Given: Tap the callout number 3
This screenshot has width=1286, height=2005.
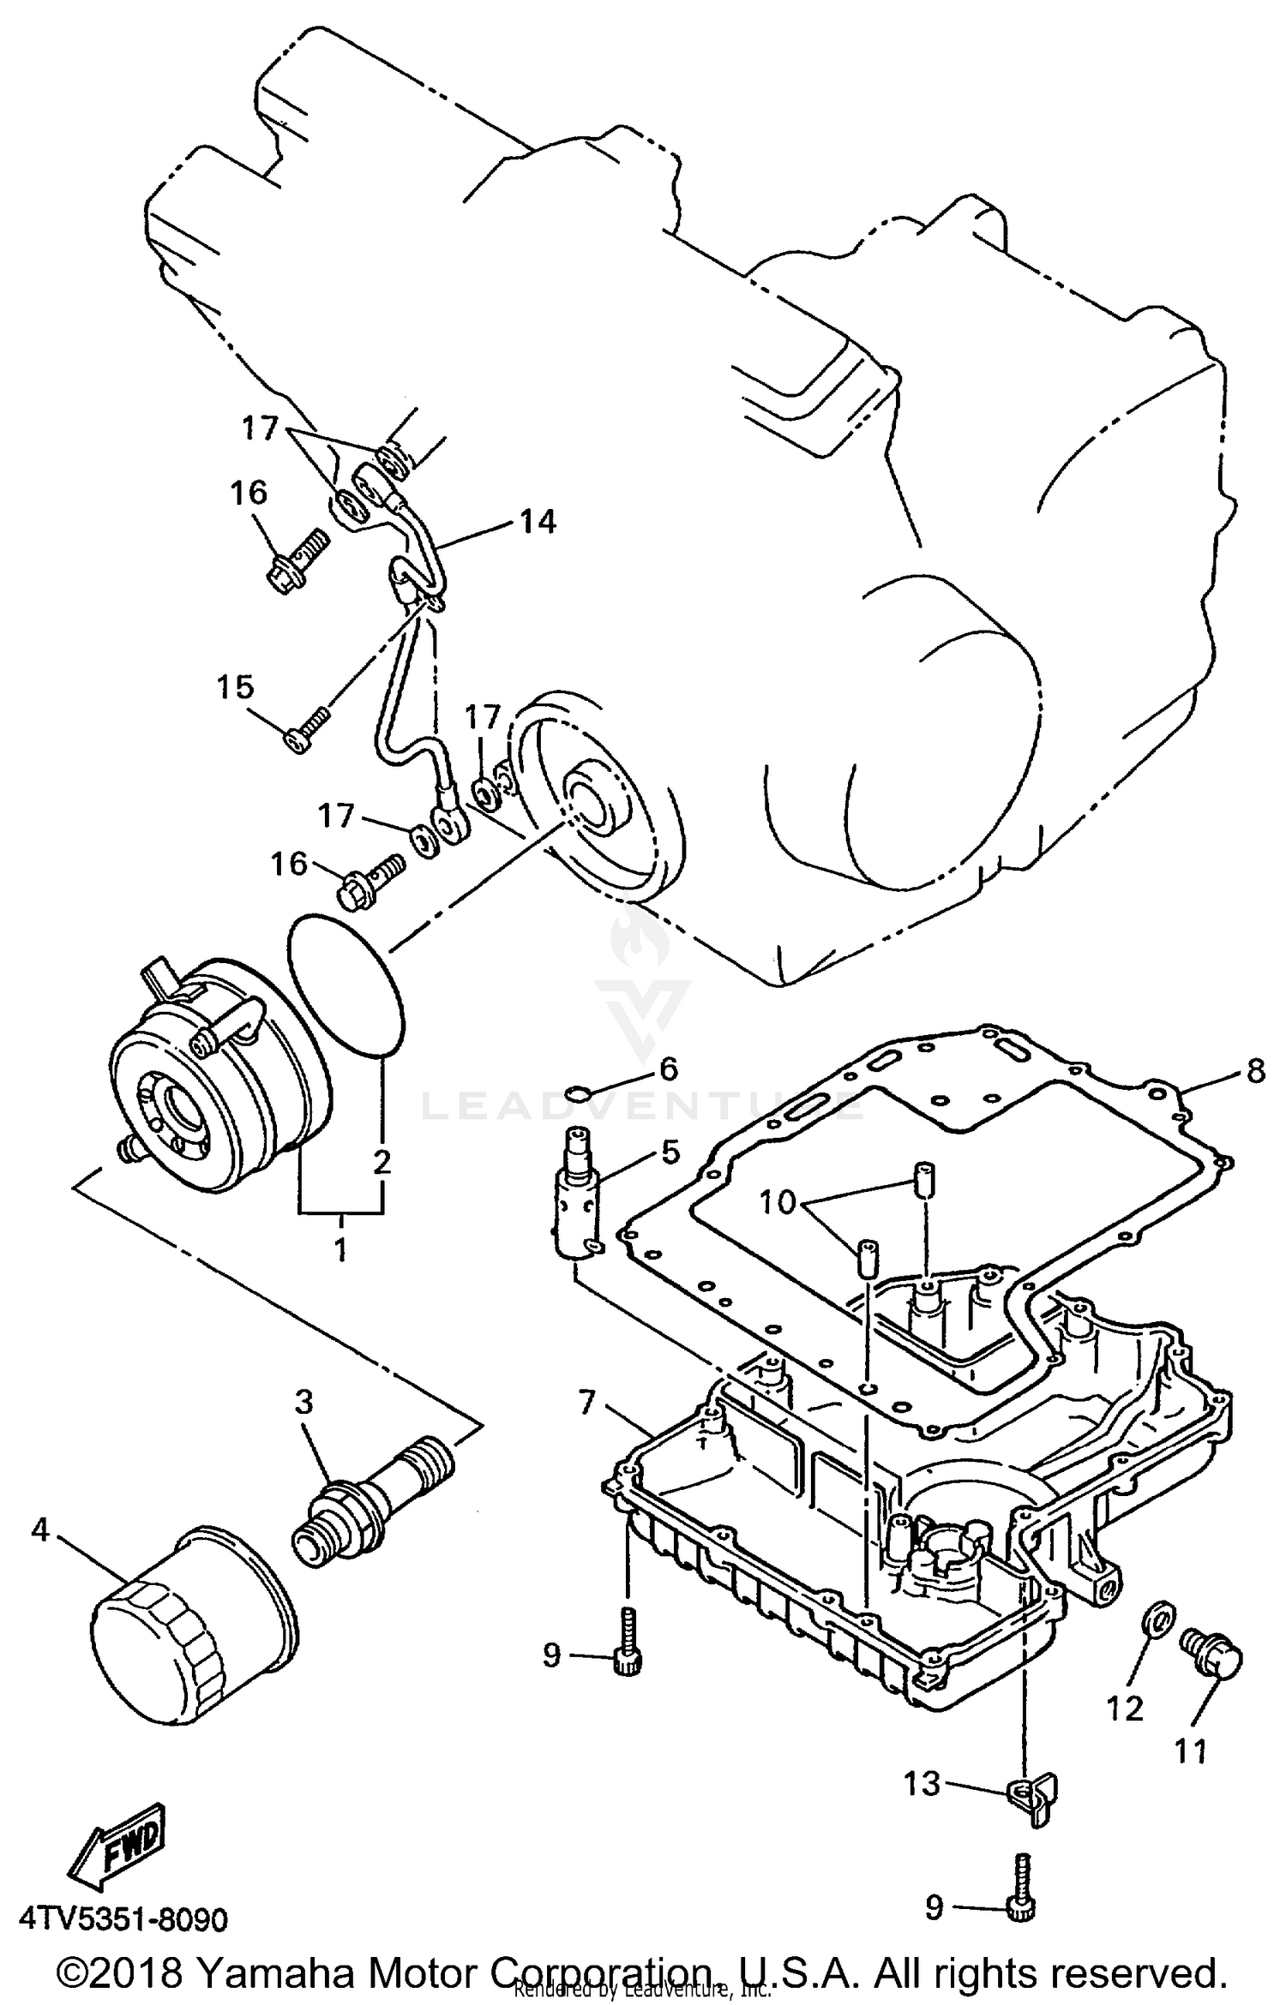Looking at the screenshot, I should tap(303, 1403).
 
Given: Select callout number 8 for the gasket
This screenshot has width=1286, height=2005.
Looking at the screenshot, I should tap(1255, 1071).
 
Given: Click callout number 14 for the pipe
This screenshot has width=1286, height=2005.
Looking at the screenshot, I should tap(538, 521).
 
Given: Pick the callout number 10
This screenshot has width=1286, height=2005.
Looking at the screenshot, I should tap(778, 1203).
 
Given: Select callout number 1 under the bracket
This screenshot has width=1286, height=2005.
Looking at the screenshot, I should tap(340, 1249).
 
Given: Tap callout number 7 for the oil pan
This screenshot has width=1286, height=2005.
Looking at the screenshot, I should tap(586, 1403).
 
